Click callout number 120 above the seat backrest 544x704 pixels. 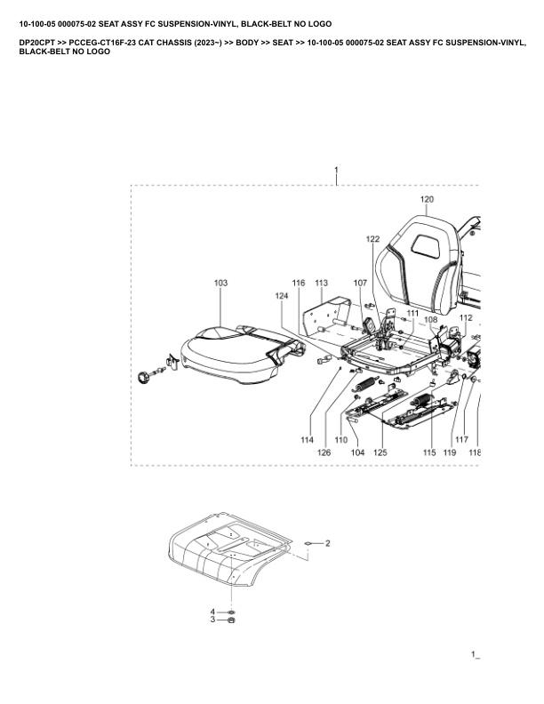coord(427,199)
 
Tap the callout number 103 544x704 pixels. coord(220,283)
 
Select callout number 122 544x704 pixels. coord(372,239)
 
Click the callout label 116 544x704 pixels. coord(299,283)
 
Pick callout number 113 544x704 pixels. coord(321,283)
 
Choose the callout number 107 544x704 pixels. coord(360,283)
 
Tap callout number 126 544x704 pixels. coord(325,452)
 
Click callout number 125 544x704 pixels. coord(380,452)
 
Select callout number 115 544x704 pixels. coord(429,452)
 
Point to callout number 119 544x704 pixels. coord(450,452)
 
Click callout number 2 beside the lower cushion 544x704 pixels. coord(327,542)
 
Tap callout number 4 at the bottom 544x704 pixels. coord(212,612)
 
